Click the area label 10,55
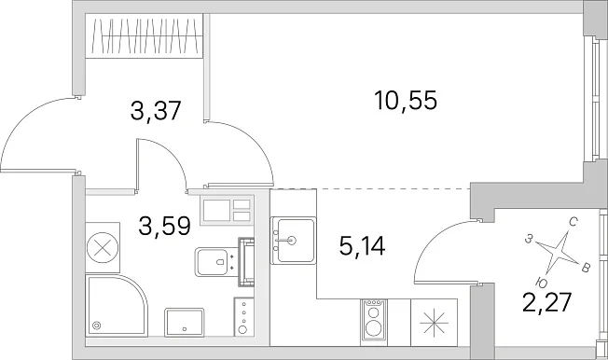(406, 100)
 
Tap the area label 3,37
(156, 110)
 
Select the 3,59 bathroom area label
(164, 226)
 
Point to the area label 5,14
(362, 245)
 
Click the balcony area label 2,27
(546, 302)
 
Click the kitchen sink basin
(293, 241)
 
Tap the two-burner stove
(373, 322)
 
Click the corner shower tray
(116, 305)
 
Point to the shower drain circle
(96, 325)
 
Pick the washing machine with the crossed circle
(103, 247)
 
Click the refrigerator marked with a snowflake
(434, 322)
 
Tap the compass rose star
(557, 252)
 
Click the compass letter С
(573, 222)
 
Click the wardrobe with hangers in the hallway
(144, 36)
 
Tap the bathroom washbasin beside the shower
(185, 322)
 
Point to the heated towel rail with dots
(243, 316)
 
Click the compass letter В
(587, 268)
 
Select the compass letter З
(528, 240)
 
